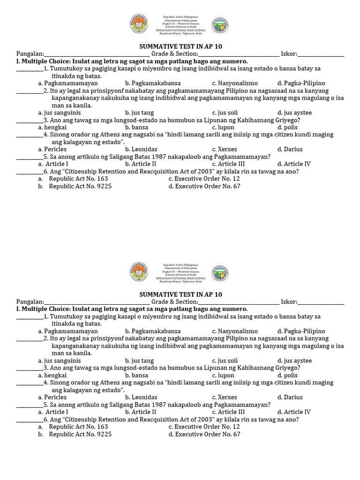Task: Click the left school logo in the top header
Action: (139, 25)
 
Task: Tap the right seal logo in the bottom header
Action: (220, 273)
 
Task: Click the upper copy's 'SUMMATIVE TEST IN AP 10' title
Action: (181, 46)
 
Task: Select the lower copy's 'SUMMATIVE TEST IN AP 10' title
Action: (181, 294)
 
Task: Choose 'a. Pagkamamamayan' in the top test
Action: (67, 83)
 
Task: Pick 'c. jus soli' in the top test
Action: (225, 112)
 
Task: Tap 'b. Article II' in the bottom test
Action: (141, 412)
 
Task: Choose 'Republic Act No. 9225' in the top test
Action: (80, 186)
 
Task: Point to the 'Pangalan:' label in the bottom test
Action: (30, 302)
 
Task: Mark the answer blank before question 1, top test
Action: (30, 69)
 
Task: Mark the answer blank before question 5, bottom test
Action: (30, 405)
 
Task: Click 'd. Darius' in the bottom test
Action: (290, 397)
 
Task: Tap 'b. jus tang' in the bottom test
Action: (139, 361)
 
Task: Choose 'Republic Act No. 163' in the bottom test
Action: (78, 427)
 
